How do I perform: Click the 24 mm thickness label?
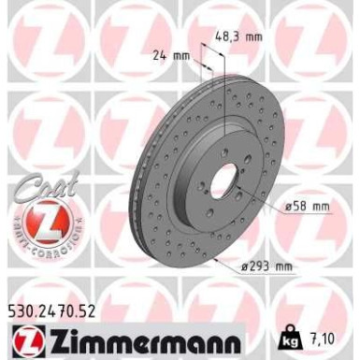coord(171,55)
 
